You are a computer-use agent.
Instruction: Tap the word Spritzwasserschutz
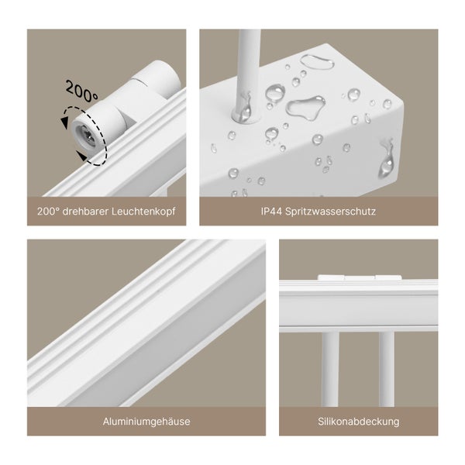331,210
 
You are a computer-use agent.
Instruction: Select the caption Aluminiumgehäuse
146,421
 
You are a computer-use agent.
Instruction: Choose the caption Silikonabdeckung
358,421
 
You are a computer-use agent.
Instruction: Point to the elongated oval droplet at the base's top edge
319,61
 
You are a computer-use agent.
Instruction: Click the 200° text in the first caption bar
47,210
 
